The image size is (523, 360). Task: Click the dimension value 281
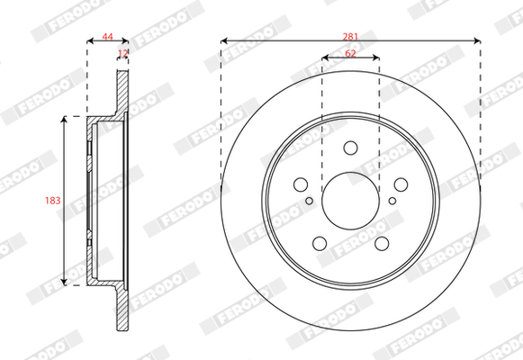[350, 37]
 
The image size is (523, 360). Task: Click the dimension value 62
[350, 53]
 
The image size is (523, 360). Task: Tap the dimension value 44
[107, 37]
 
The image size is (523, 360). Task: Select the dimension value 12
[123, 53]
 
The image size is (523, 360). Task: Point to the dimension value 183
[53, 201]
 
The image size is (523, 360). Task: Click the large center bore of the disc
[350, 201]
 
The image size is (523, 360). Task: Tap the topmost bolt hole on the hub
[350, 148]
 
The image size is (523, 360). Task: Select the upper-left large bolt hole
[301, 184]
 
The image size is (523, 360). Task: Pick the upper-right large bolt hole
[401, 184]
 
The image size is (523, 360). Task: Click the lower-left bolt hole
[320, 243]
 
